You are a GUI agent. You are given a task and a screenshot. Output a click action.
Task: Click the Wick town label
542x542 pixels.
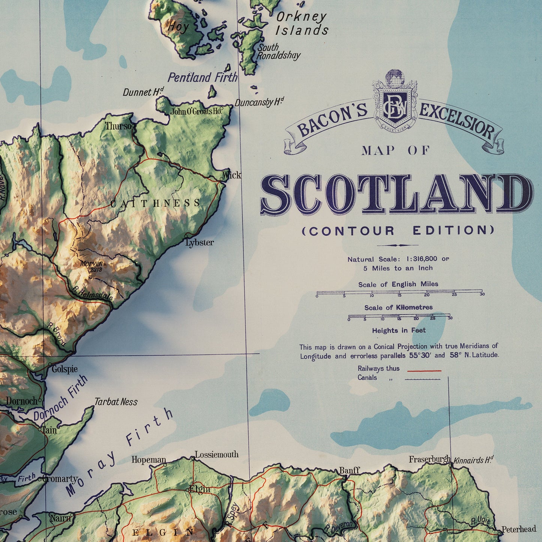[x=232, y=175]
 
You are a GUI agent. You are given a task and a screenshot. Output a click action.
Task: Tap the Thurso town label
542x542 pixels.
[x=118, y=126]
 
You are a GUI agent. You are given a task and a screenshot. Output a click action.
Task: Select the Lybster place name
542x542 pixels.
[x=200, y=243]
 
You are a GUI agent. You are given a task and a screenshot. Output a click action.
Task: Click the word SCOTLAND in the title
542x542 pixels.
[x=396, y=194]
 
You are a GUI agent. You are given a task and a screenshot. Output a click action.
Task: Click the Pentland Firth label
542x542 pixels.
[x=202, y=78]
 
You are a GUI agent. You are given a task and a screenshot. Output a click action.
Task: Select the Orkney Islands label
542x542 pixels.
[x=302, y=23]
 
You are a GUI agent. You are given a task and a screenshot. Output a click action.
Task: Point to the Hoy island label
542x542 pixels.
[x=178, y=26]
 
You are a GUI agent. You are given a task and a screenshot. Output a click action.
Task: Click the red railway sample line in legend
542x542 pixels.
[x=424, y=371]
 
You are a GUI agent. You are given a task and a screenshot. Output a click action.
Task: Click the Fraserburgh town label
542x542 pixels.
[x=429, y=459]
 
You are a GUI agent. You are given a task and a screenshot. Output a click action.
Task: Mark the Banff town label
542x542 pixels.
[x=349, y=470]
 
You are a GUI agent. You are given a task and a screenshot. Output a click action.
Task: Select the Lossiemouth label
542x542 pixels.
[x=216, y=455]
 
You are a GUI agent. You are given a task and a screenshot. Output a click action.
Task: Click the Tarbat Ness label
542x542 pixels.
[x=116, y=402]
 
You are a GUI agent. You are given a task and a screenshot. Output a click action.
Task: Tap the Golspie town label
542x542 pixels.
[x=65, y=369]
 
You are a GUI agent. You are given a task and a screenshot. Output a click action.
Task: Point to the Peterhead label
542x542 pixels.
[x=519, y=529]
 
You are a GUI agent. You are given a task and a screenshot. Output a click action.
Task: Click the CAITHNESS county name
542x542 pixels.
[x=156, y=203]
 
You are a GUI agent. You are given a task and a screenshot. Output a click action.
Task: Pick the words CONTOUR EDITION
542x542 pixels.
[x=398, y=230]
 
